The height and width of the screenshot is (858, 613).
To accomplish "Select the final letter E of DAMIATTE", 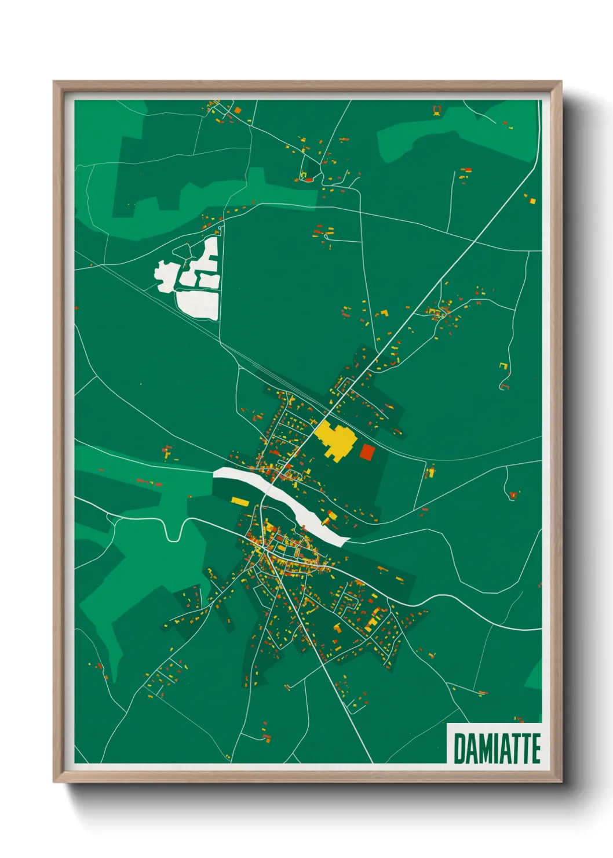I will pyautogui.click(x=535, y=748).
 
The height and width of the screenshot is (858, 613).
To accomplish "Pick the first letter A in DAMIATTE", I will pyautogui.click(x=473, y=748).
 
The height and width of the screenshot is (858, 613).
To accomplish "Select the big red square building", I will pyautogui.click(x=366, y=452).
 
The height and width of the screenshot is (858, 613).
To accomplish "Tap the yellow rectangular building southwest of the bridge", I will pyautogui.click(x=239, y=500).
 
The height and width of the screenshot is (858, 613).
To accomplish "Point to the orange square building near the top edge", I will pyautogui.click(x=237, y=110).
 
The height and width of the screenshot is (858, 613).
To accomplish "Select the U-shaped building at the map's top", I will pyautogui.click(x=437, y=109).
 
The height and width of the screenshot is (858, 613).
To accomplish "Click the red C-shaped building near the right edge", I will pyautogui.click(x=505, y=384).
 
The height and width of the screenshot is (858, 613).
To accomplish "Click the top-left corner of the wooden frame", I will pyautogui.click(x=54, y=82).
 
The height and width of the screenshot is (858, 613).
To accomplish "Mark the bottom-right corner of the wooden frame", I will pyautogui.click(x=561, y=781).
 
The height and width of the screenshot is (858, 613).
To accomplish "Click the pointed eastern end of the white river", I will pyautogui.click(x=348, y=540).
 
